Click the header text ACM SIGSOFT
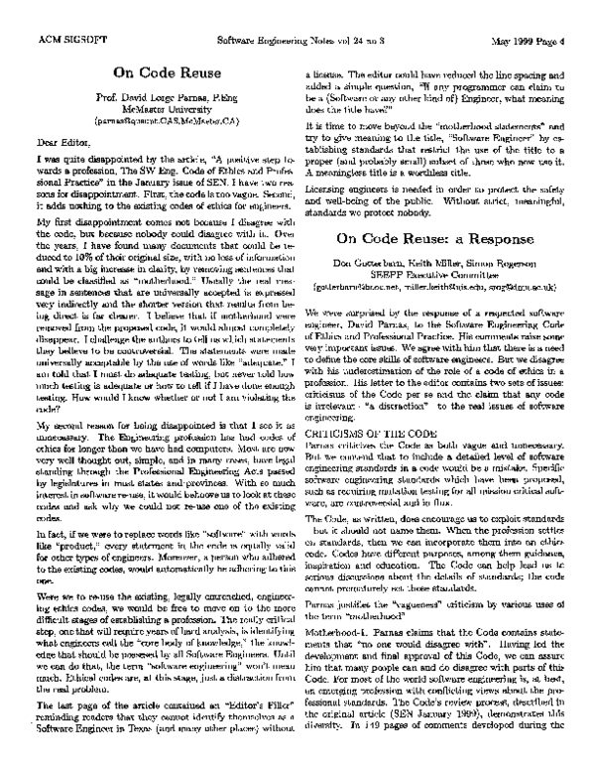tap(62, 41)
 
